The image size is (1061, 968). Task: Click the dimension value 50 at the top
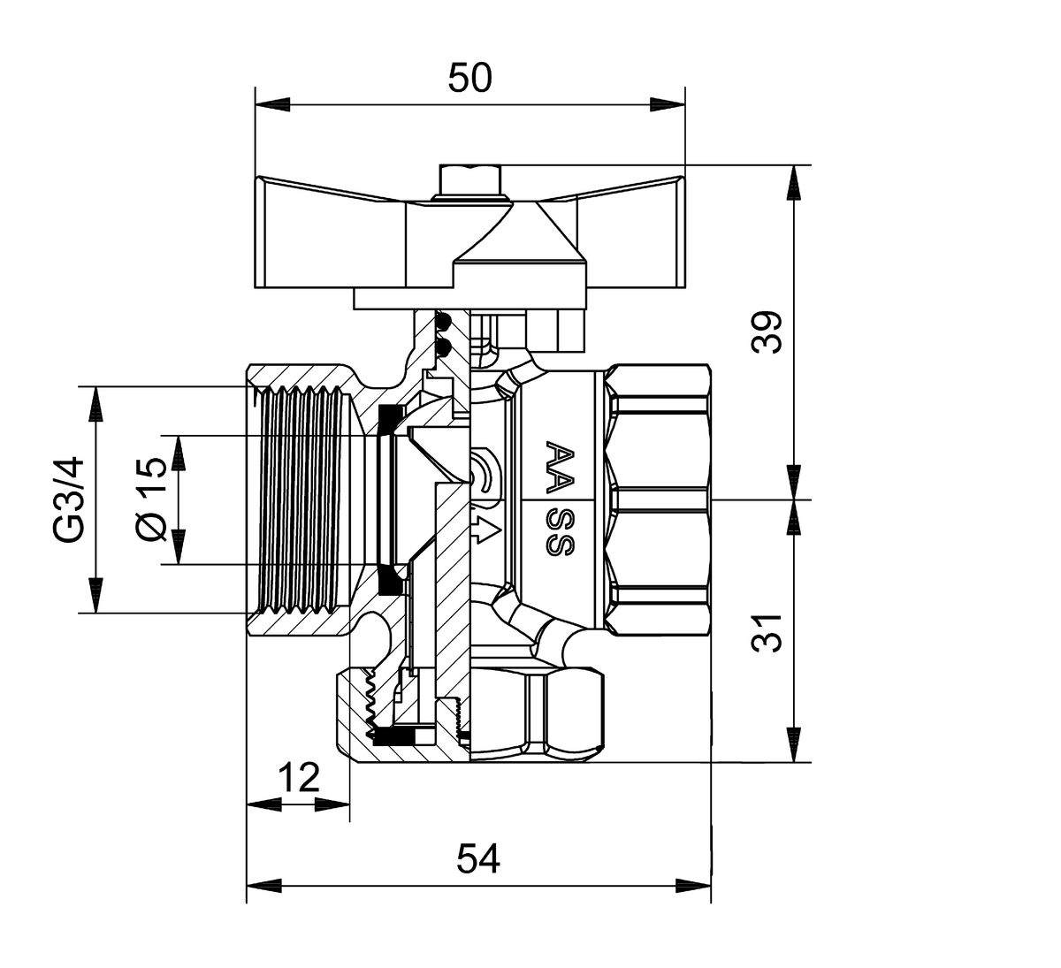coord(469,79)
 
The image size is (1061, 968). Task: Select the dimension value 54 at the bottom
coord(478,858)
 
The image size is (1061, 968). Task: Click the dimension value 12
coord(298,778)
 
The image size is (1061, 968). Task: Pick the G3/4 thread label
coord(68,499)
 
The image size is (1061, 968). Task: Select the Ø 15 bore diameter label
coord(150,499)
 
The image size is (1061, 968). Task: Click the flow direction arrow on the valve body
coord(484,531)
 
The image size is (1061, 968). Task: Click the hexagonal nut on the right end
coord(659,499)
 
